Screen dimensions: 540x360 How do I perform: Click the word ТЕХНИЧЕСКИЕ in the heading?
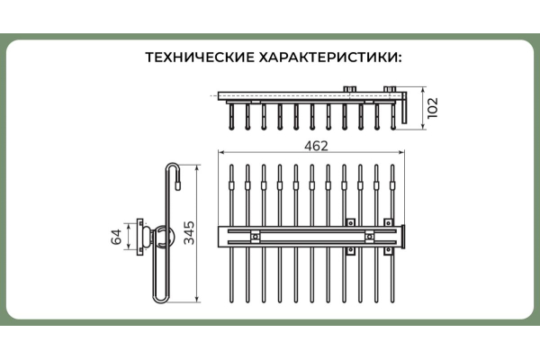click(x=200, y=58)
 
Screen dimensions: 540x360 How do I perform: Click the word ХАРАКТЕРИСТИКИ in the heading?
click(x=330, y=58)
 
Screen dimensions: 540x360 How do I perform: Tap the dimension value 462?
click(x=316, y=146)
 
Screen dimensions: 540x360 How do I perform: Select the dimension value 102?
click(x=433, y=108)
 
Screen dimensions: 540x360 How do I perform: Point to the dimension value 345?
click(x=189, y=233)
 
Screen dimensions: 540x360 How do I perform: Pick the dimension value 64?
click(x=116, y=237)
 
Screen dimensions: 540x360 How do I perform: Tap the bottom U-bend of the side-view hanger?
click(x=160, y=298)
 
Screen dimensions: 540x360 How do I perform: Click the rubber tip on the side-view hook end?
click(x=177, y=185)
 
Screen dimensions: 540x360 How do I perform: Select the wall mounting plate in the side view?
click(x=139, y=237)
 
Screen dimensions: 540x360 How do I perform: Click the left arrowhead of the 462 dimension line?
click(x=220, y=152)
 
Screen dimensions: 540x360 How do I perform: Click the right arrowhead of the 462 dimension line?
click(x=401, y=152)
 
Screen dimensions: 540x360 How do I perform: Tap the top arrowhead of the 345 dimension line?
click(x=197, y=167)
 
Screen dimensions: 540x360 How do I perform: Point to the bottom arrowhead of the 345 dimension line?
click(x=197, y=300)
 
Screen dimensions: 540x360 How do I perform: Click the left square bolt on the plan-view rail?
click(x=256, y=237)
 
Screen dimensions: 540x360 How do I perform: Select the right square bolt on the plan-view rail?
click(x=370, y=237)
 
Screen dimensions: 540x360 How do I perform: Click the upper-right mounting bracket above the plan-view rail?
click(x=389, y=222)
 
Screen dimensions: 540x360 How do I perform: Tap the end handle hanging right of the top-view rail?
click(x=404, y=107)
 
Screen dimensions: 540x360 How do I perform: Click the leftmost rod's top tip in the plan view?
click(x=231, y=166)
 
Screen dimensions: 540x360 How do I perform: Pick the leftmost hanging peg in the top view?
click(x=231, y=117)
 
